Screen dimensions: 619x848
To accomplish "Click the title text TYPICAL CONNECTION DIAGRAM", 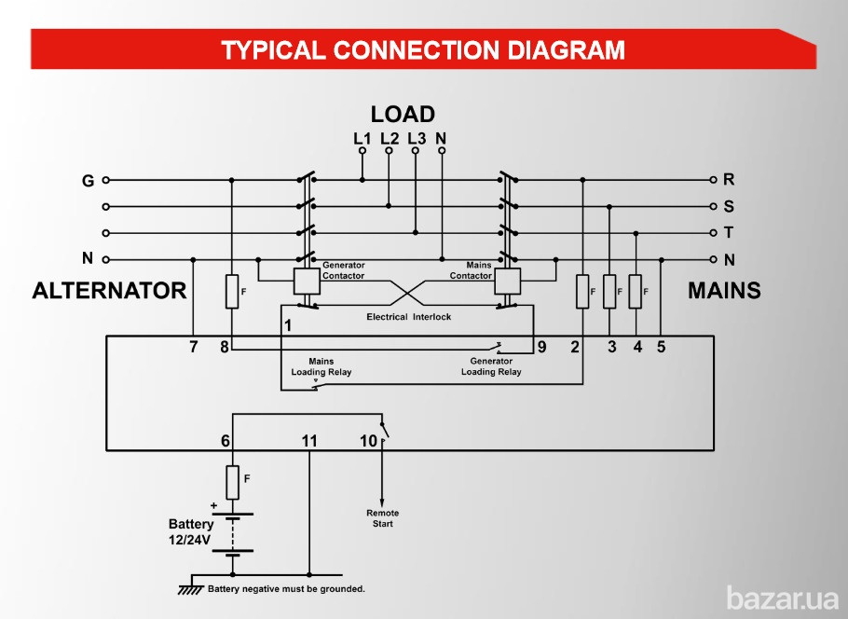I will pos(423,49).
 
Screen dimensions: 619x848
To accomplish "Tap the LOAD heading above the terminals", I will pos(403,115).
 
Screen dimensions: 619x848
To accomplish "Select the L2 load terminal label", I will pos(390,138).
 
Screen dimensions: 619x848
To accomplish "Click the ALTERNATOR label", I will pos(109,291).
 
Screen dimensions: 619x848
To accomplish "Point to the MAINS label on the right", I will pos(724,291).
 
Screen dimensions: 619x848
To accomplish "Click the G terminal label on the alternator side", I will pos(88,180).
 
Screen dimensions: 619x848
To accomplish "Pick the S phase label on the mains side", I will pos(729,206).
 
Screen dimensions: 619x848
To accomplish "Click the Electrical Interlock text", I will pos(408,317).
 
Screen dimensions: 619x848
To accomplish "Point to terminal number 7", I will pos(193,348).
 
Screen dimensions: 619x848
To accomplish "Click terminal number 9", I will pos(541,348).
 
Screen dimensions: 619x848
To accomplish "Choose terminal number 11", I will pos(308,441).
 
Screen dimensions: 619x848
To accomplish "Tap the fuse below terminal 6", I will pos(233,482).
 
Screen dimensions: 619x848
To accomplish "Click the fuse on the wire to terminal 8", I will pos(232,292).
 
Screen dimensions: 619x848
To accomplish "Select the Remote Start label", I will pos(382,518).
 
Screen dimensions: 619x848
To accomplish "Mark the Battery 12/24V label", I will pos(190,531).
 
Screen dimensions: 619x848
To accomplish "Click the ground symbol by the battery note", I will pos(191,588).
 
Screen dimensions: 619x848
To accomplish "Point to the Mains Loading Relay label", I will pos(321,366).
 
